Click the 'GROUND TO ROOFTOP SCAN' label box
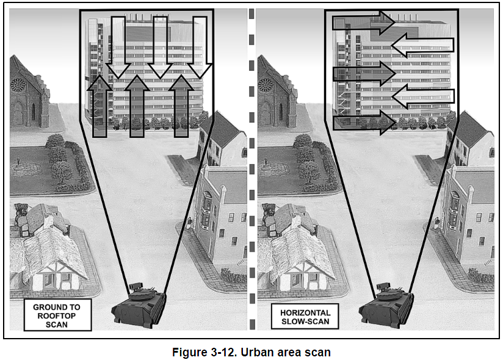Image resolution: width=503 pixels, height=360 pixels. (58, 315)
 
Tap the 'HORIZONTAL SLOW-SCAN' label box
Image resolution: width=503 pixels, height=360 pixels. (305, 317)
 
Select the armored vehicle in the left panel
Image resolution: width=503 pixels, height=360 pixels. (139, 305)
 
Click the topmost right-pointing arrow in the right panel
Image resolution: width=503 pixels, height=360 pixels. (363, 23)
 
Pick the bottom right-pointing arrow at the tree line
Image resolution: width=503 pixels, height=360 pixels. (364, 123)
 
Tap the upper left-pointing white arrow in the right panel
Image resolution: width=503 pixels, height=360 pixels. (423, 45)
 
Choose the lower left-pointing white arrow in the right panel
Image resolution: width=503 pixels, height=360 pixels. (423, 96)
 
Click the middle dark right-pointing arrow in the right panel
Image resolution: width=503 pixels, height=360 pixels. (364, 74)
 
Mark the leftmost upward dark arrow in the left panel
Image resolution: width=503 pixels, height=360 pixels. (100, 106)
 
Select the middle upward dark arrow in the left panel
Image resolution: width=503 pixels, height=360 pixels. (137, 106)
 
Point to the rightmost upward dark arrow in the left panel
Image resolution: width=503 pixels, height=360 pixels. (181, 106)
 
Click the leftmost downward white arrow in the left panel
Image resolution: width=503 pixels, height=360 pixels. (118, 48)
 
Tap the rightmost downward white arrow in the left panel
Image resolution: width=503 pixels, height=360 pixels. (200, 48)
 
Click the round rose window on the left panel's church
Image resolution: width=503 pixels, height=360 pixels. (17, 85)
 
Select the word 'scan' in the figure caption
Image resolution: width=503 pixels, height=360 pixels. (317, 352)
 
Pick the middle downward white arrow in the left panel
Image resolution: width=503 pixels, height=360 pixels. (160, 48)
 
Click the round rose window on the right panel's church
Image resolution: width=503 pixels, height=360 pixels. (265, 85)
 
